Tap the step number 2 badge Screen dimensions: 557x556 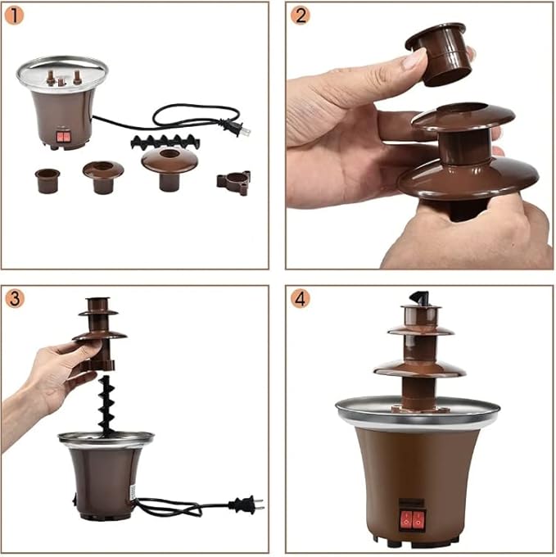tap(300, 15)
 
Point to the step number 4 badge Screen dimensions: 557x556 tap(301, 298)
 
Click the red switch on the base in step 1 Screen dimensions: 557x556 tap(60, 138)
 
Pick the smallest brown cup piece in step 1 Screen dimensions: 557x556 tap(47, 179)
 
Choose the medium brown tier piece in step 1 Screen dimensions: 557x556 tap(103, 174)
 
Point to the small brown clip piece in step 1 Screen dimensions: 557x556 tap(234, 181)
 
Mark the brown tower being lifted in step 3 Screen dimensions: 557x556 tap(99, 332)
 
